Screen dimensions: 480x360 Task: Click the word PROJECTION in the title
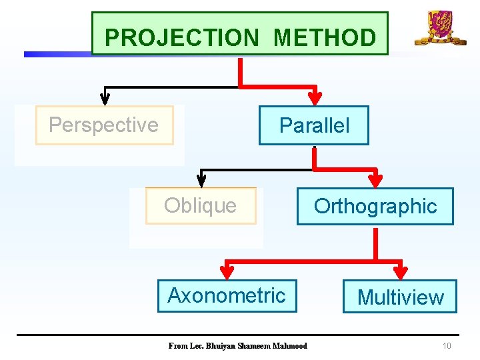181,37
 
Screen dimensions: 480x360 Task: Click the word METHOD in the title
325,37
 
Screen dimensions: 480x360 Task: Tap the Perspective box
104,125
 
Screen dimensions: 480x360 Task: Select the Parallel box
313,125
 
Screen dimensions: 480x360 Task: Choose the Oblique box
200,206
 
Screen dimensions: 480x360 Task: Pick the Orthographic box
375,207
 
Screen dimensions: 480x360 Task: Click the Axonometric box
227,295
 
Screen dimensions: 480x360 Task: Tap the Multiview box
400,297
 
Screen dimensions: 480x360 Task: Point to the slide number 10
447,346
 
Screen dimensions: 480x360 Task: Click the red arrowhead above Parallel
317,97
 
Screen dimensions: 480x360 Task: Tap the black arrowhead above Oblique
201,179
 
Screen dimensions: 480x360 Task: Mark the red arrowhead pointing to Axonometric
227,270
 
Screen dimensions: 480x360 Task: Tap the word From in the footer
177,346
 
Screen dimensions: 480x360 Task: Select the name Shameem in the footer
259,346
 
